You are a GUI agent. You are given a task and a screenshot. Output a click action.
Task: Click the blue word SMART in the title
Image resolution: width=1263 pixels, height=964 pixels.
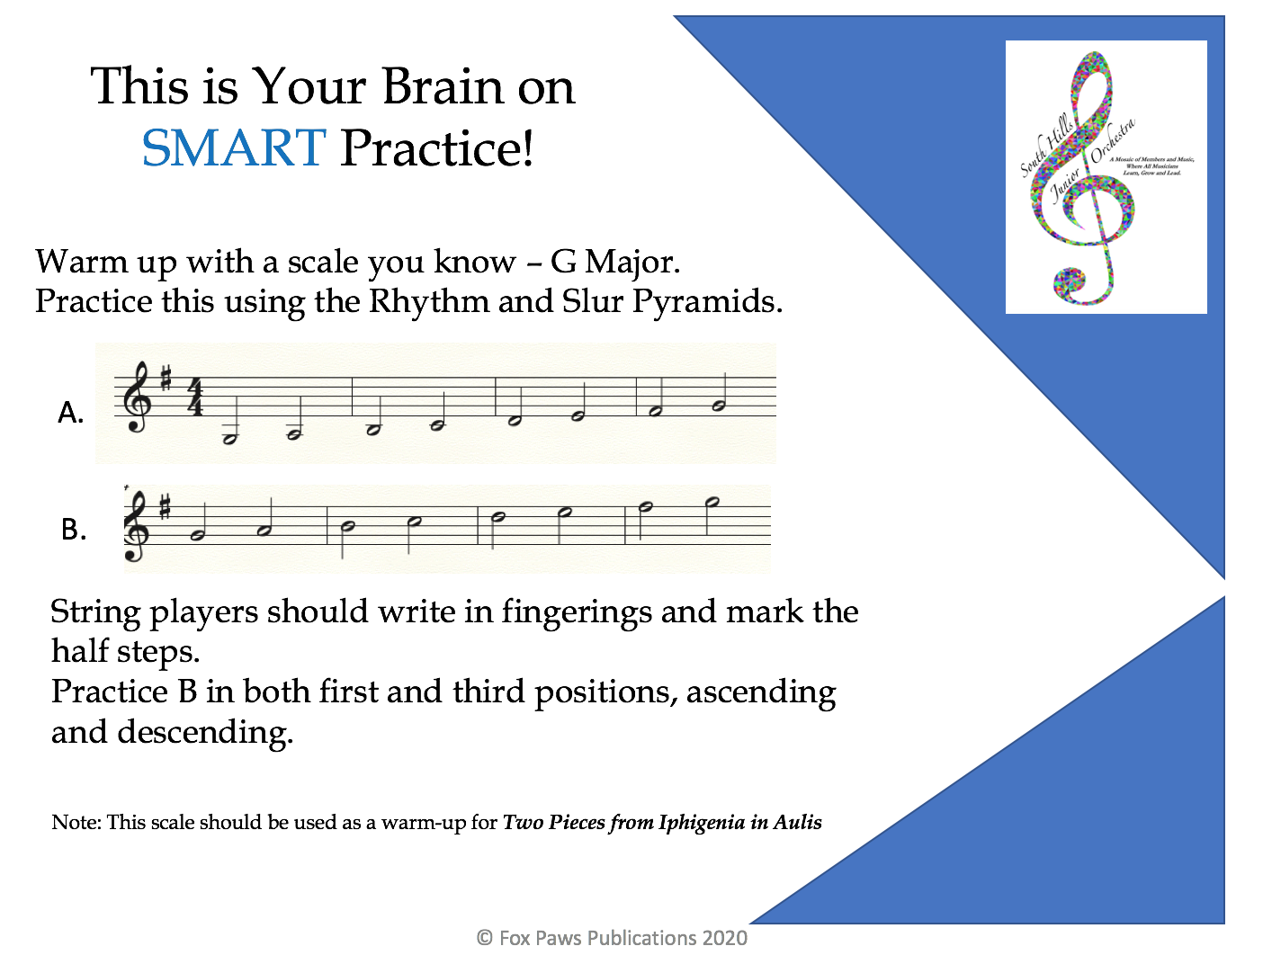233,148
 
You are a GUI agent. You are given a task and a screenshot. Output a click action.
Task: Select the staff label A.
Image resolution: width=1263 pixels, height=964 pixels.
70,413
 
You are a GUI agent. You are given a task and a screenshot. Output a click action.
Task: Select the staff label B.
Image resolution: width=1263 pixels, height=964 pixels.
73,530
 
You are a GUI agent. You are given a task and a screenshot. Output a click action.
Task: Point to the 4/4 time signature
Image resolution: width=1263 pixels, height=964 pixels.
194,397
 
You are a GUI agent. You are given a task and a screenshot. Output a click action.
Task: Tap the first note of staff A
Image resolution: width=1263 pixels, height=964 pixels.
229,439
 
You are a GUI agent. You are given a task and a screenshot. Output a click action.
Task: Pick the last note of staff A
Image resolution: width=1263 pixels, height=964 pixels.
719,406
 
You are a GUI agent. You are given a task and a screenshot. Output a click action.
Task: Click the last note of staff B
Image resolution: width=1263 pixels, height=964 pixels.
712,502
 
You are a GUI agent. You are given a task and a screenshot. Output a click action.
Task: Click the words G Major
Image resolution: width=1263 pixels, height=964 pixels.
614,262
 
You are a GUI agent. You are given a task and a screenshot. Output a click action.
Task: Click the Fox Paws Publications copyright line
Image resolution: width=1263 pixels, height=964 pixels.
612,938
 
